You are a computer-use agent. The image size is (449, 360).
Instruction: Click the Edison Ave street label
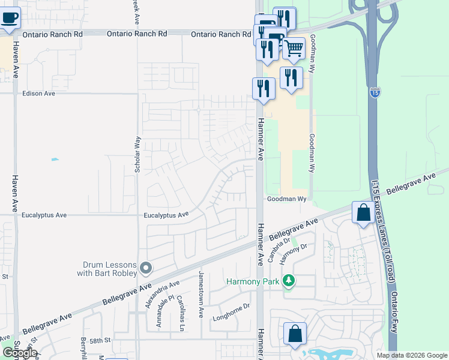[38, 94]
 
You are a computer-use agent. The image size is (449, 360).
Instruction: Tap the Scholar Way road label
[137, 155]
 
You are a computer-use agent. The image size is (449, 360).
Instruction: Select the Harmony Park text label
[253, 281]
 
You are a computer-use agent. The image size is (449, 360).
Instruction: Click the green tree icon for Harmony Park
[289, 281]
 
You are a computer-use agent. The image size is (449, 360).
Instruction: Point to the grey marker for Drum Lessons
[145, 268]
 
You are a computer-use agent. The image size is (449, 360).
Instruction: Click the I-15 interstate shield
[375, 94]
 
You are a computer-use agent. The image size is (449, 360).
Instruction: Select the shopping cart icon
[294, 48]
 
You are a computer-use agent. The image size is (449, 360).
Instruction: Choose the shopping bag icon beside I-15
[363, 212]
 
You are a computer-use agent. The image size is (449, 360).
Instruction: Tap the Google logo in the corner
[20, 353]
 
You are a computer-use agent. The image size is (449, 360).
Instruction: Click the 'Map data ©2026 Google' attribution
[411, 355]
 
